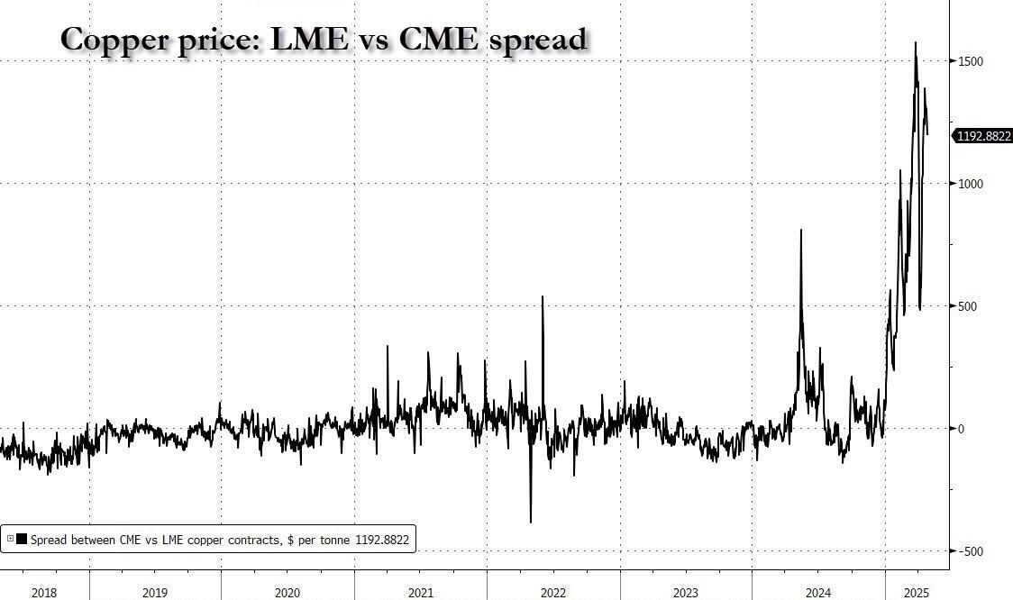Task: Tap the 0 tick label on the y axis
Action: coord(962,429)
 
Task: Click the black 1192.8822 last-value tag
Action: coord(983,136)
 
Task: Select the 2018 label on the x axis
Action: coord(44,592)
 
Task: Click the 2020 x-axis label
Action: coord(287,592)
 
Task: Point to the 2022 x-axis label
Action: coord(553,592)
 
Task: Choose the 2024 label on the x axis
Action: coord(818,592)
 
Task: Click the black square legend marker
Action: coord(21,539)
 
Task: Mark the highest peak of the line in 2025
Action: coord(917,42)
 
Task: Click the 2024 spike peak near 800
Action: coord(801,230)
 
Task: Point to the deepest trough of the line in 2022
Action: coord(531,522)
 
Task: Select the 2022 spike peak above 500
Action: coord(543,296)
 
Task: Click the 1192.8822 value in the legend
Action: coord(382,539)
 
